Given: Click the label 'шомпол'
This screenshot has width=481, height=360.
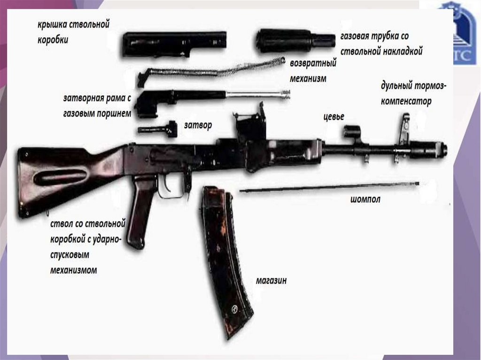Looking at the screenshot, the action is click(x=365, y=199).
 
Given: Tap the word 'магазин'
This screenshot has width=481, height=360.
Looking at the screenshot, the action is click(x=271, y=281).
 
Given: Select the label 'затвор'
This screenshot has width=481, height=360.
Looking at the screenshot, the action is click(x=198, y=125).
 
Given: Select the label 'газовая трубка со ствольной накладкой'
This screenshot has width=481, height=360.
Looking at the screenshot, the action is click(x=381, y=44).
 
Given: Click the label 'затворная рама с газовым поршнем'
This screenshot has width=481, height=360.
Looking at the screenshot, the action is click(x=96, y=106).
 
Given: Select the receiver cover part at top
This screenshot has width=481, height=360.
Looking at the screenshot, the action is click(x=174, y=43).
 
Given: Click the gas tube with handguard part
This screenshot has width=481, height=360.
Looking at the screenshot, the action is click(x=295, y=41).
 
